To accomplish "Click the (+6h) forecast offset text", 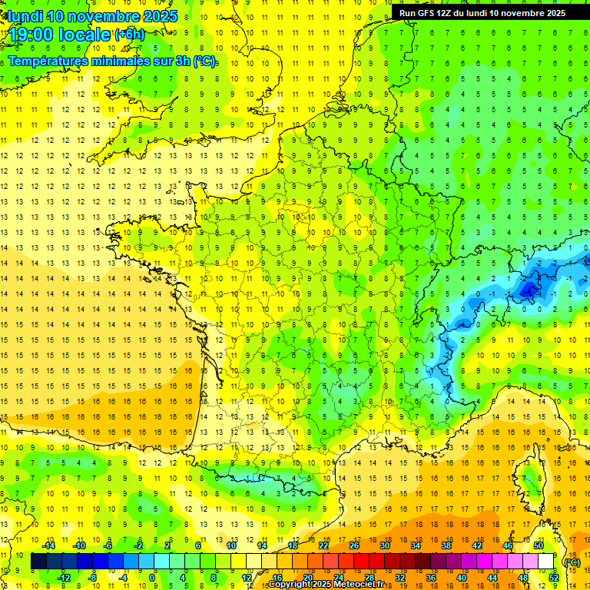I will pos(129,35).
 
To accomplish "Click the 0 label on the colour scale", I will pos(153,578).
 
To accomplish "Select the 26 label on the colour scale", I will pos(354,545).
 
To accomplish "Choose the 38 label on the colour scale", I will pos(446,545).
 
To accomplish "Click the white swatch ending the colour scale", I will pos(546,562).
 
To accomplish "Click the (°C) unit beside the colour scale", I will pos(572,562).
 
